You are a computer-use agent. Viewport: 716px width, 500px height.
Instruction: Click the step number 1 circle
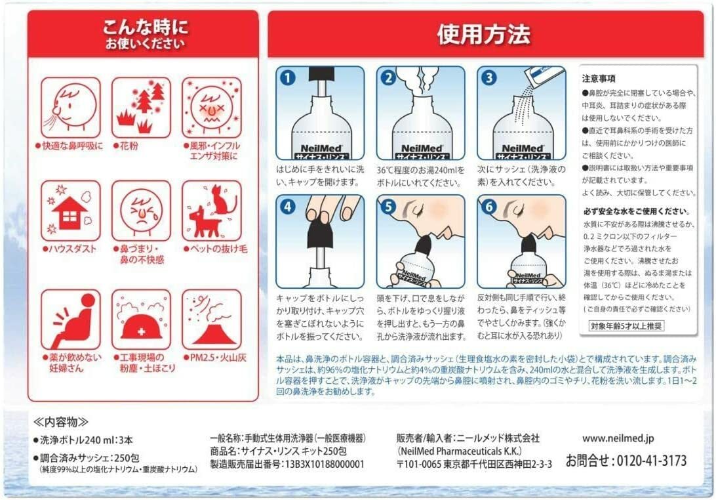coord(288,77)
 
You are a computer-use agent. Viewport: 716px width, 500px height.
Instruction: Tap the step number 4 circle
coord(288,207)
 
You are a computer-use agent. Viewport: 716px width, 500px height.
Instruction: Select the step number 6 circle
coord(488,207)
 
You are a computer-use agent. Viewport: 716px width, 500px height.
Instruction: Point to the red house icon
coord(70,212)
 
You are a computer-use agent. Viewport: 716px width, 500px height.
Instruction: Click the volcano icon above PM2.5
coord(214,326)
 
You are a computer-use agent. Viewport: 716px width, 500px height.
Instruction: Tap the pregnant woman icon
coord(72,320)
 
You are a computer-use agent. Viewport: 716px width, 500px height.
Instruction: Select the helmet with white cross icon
coord(141,327)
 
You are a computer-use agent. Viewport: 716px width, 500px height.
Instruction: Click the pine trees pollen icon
coord(142,108)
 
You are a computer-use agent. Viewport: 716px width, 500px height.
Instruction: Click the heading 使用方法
coord(484,34)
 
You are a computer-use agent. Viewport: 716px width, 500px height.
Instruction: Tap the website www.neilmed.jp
coord(618,438)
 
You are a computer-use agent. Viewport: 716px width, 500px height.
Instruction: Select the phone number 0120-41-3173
coord(652,460)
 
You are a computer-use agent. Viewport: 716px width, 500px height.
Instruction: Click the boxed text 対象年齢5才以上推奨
coord(626,325)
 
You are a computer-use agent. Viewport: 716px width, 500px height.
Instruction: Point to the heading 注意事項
coord(599,78)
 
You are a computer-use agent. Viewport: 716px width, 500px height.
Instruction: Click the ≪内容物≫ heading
coord(61,421)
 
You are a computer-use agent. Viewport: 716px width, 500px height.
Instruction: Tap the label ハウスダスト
coord(70,249)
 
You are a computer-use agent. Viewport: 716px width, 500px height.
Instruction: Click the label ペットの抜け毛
coord(216,249)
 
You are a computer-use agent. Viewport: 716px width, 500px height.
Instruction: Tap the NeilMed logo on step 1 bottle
coord(321,148)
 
